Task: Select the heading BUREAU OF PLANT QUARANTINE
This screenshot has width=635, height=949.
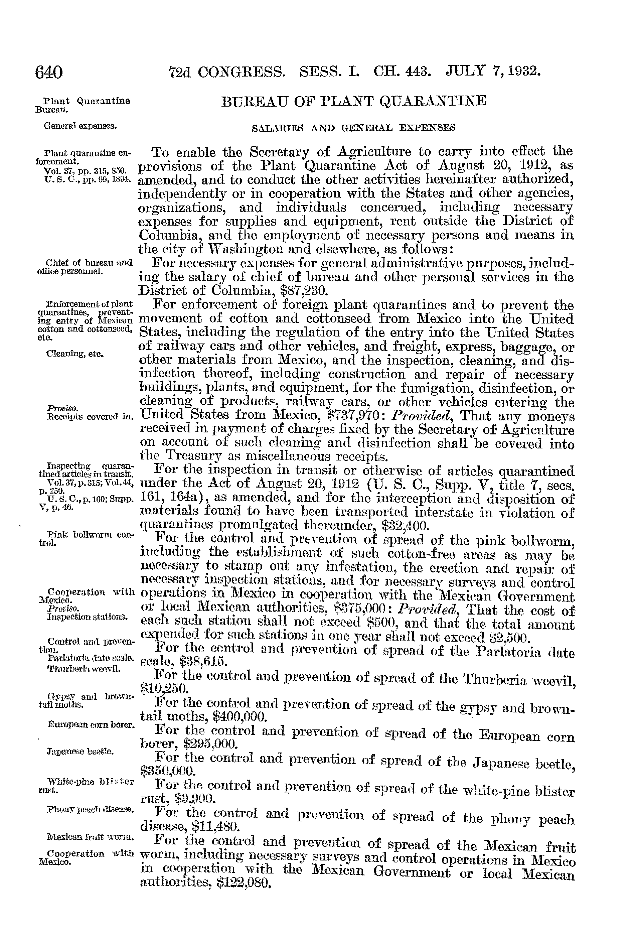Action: tap(354, 101)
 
